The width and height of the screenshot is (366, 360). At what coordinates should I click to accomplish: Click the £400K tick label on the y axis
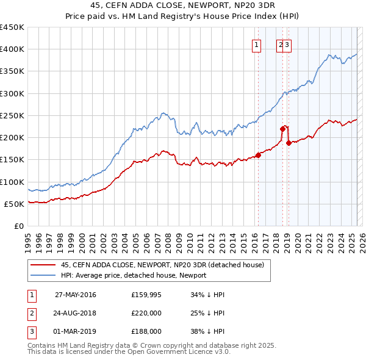[x=12, y=49]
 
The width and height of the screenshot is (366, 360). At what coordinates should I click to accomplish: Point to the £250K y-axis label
[x=12, y=115]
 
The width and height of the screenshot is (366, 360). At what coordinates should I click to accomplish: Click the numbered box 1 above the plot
[x=256, y=45]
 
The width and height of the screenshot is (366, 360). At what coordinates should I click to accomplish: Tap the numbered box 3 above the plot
[x=286, y=45]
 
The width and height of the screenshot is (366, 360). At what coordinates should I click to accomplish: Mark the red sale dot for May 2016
[x=258, y=155]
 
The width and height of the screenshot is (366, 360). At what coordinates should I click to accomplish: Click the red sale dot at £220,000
[x=282, y=129]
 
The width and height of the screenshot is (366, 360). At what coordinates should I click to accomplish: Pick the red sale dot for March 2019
[x=288, y=143]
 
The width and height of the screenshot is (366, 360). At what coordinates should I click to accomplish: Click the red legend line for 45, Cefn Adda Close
[x=43, y=265]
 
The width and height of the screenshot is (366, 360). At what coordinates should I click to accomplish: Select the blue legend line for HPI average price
[x=43, y=275]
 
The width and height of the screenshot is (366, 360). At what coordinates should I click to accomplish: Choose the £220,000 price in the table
[x=146, y=314]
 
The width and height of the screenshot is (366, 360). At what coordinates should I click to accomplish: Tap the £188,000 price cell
[x=146, y=331]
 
